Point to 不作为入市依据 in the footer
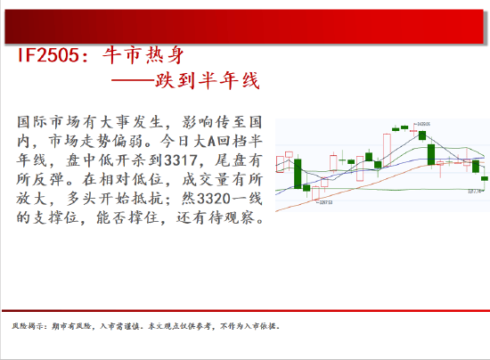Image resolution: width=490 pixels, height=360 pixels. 252,326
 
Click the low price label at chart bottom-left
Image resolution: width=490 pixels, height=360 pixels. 301,203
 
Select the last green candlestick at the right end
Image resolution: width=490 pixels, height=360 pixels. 485,180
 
